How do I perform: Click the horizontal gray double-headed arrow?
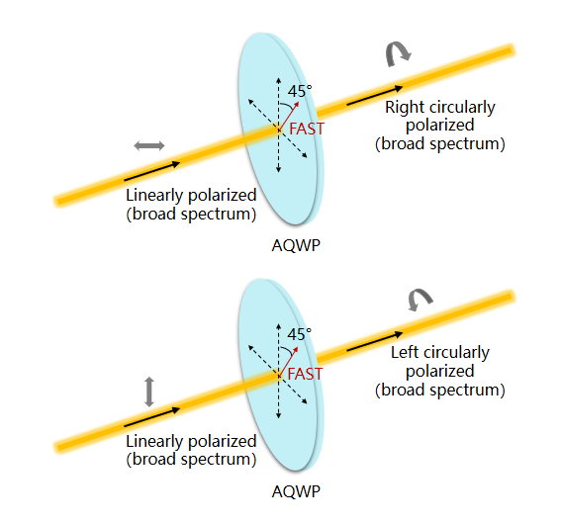(x=149, y=145)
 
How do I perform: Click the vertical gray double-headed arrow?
(x=149, y=392)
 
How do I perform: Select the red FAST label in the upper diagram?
(x=307, y=129)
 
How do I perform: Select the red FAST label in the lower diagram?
(x=305, y=375)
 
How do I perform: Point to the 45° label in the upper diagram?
(x=300, y=91)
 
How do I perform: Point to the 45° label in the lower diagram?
(x=300, y=334)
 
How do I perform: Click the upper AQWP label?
(x=296, y=245)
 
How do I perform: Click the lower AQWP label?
(x=296, y=492)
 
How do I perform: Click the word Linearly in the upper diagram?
(x=154, y=196)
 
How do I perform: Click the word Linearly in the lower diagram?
(x=154, y=442)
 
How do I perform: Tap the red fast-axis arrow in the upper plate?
(x=289, y=116)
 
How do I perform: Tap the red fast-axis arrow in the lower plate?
(x=288, y=361)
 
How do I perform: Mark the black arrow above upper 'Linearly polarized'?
(x=151, y=171)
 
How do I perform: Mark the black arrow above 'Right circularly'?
(x=375, y=96)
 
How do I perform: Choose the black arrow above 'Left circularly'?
(x=375, y=341)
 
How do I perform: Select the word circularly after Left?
(x=455, y=353)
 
